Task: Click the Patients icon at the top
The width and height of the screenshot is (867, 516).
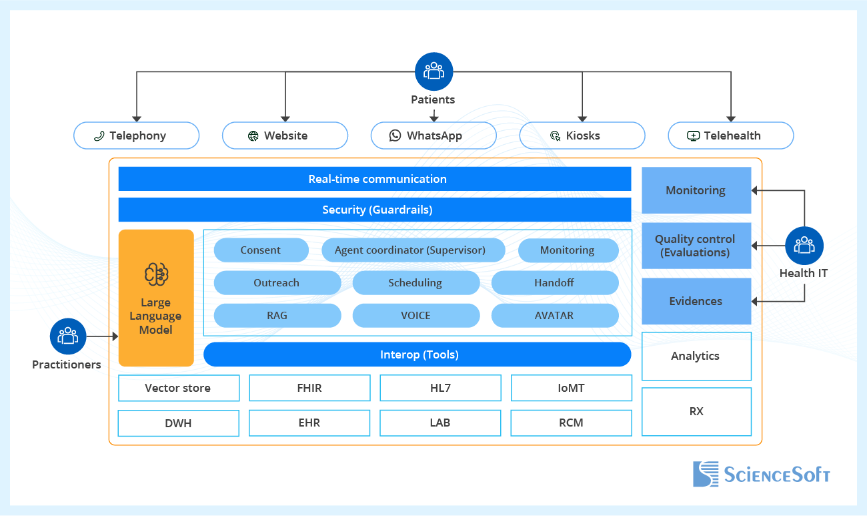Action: pyautogui.click(x=433, y=71)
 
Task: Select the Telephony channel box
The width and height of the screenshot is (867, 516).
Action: pyautogui.click(x=136, y=136)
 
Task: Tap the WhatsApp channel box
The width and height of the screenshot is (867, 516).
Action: pyautogui.click(x=433, y=136)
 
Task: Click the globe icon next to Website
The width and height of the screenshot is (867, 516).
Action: pyautogui.click(x=253, y=136)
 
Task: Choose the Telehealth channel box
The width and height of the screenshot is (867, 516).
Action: pyautogui.click(x=731, y=136)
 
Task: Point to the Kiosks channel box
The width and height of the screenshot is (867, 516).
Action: pyautogui.click(x=582, y=136)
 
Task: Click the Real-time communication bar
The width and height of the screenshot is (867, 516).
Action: pyautogui.click(x=375, y=179)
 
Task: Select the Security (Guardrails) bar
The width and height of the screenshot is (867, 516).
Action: pyautogui.click(x=375, y=210)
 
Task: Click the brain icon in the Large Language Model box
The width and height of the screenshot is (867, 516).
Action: pyautogui.click(x=156, y=274)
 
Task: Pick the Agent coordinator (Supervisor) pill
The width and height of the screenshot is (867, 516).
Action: pyautogui.click(x=413, y=250)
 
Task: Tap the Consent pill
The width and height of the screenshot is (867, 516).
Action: pyautogui.click(x=261, y=250)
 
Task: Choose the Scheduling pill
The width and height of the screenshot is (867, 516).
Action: pyautogui.click(x=415, y=283)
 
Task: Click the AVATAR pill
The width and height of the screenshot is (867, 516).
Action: pyautogui.click(x=554, y=316)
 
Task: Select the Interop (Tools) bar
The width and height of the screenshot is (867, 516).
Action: pyautogui.click(x=417, y=354)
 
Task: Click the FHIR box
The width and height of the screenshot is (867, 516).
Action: pyautogui.click(x=309, y=388)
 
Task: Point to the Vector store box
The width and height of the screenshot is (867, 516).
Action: pyautogui.click(x=178, y=388)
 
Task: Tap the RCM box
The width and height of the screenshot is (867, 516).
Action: pyautogui.click(x=571, y=423)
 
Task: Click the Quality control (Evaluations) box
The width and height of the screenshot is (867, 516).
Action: pyautogui.click(x=696, y=246)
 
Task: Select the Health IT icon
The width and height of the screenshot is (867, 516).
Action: pyautogui.click(x=804, y=246)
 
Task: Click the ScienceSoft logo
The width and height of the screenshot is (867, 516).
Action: pyautogui.click(x=761, y=474)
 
